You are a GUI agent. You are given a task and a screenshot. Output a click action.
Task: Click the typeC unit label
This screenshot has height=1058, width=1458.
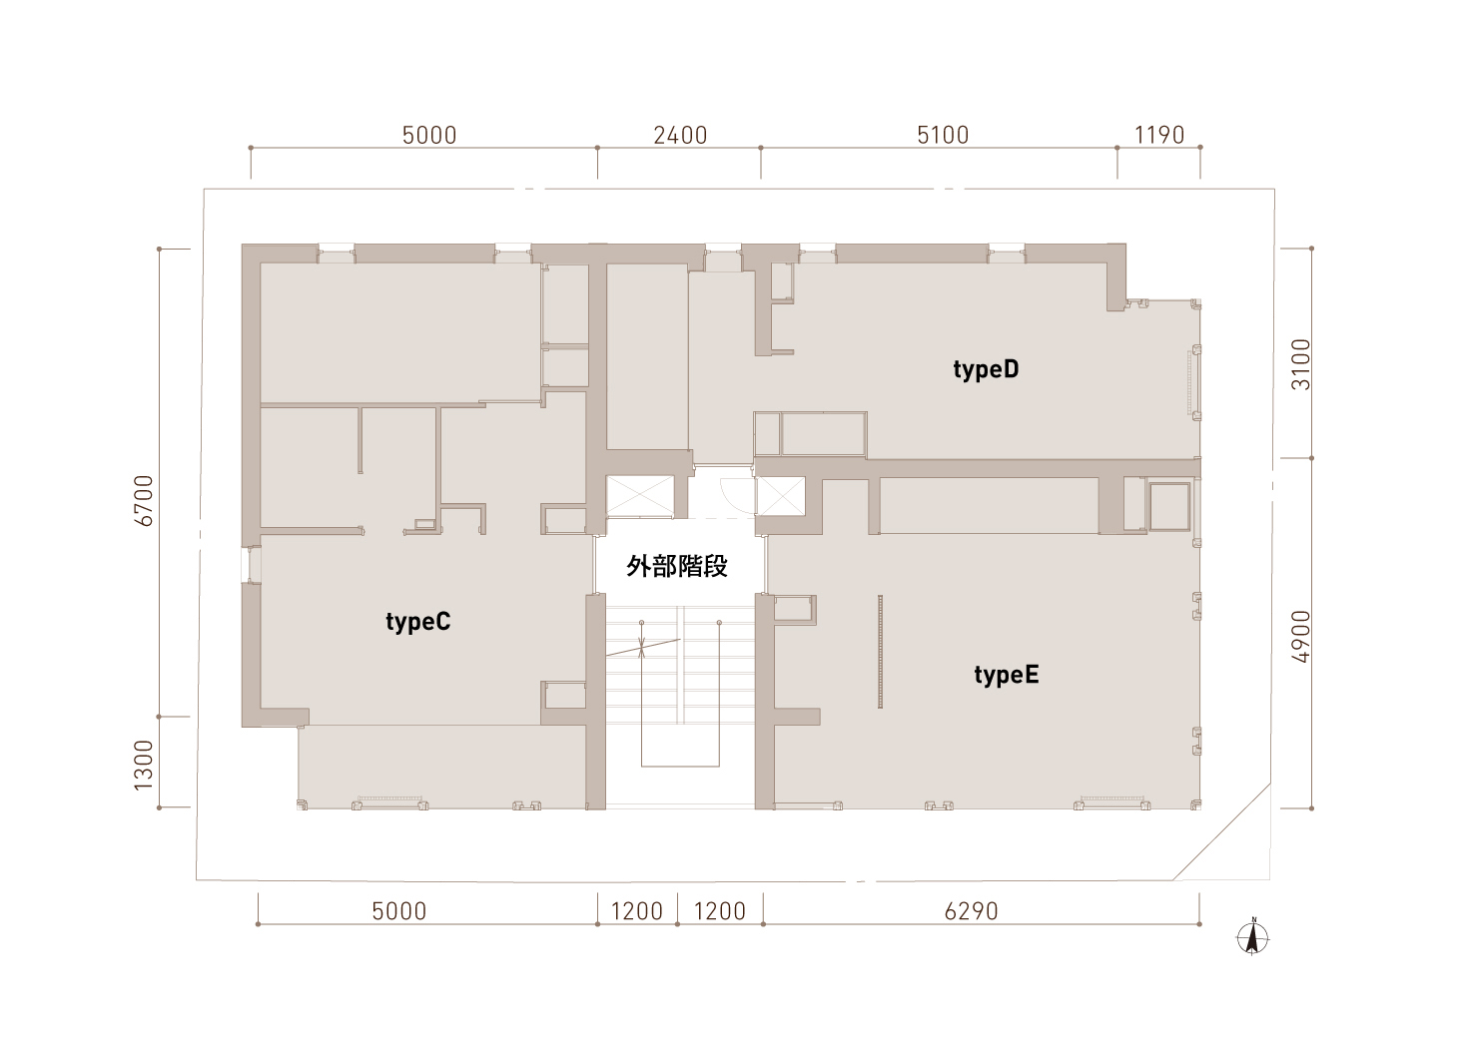tap(417, 622)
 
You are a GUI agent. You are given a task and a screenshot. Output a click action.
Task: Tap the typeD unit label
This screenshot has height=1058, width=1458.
tap(986, 369)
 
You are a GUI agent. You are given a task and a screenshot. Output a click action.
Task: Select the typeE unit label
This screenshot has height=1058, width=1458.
tap(1007, 676)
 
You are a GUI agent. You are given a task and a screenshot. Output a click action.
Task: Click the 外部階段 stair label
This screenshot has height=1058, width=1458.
tap(677, 566)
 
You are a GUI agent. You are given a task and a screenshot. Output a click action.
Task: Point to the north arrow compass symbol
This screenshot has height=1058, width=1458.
tap(1252, 937)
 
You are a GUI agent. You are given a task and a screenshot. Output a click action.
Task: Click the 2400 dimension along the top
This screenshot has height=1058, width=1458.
tap(680, 136)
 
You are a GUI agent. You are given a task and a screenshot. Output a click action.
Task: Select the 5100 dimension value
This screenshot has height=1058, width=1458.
tap(943, 136)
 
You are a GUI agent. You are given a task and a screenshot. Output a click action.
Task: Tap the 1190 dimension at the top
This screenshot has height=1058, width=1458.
tap(1159, 136)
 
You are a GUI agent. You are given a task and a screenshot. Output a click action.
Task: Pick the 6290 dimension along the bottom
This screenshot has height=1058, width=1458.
tap(971, 911)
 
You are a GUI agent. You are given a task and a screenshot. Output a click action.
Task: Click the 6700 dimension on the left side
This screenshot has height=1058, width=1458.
tap(143, 500)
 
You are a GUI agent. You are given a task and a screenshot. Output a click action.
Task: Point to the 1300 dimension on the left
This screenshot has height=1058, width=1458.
tap(143, 766)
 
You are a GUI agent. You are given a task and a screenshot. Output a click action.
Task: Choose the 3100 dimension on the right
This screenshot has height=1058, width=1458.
tap(1300, 364)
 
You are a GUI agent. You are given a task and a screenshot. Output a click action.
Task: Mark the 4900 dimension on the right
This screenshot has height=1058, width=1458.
tap(1300, 637)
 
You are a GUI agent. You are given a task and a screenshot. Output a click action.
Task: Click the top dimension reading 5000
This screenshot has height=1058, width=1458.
tap(429, 136)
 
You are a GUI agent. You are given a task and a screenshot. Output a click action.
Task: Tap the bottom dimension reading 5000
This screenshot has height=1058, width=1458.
tap(399, 911)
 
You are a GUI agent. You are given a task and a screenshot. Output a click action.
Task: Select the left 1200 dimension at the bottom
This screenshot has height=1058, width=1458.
tap(636, 911)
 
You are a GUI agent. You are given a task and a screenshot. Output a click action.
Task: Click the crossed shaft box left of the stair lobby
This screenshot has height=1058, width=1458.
tap(640, 496)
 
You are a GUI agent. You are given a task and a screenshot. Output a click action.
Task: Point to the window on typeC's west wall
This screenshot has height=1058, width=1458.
tap(251, 564)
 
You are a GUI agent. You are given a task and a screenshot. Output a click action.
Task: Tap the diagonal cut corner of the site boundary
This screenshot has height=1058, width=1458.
tap(1221, 831)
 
